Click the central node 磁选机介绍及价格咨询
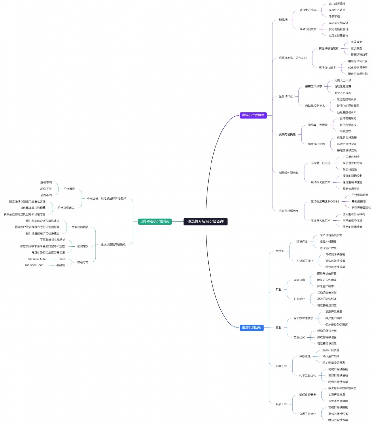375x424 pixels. click(x=205, y=221)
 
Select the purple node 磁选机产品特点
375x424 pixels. click(x=253, y=115)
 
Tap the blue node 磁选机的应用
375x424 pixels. click(x=251, y=327)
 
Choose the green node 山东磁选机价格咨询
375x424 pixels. click(x=155, y=221)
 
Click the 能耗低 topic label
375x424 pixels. click(x=283, y=20)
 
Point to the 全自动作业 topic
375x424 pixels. click(x=286, y=96)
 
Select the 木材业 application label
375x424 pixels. click(x=280, y=251)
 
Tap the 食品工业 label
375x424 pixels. click(x=281, y=404)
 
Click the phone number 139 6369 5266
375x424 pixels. click(x=37, y=259)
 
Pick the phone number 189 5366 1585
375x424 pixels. click(x=34, y=265)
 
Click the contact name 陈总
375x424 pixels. click(x=62, y=259)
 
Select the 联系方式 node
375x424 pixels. click(x=83, y=262)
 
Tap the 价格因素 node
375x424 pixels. click(x=69, y=189)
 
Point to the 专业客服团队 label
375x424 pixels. click(x=80, y=227)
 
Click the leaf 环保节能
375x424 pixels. click(x=334, y=16)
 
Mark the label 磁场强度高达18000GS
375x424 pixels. click(x=325, y=202)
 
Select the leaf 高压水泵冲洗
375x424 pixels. click(x=348, y=125)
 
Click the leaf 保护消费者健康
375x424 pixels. click(x=338, y=401)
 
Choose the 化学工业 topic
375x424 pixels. click(x=281, y=366)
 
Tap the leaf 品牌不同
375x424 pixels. click(x=46, y=195)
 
